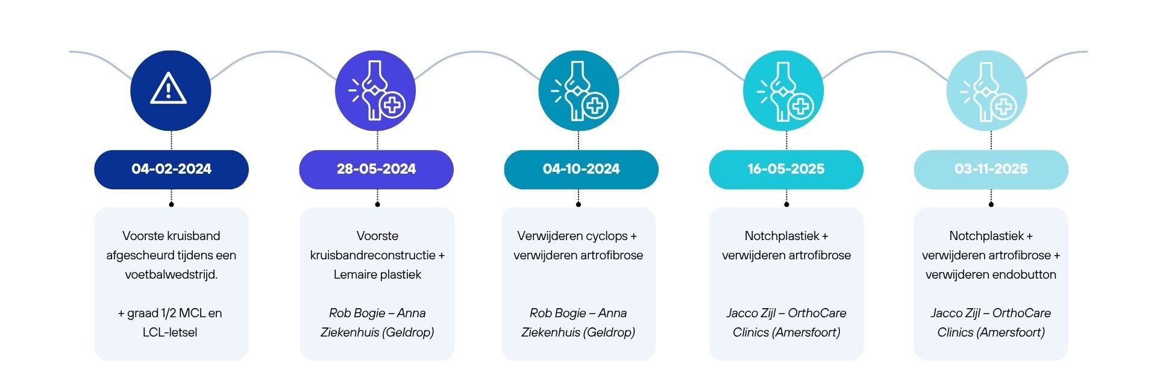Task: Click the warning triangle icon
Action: pyautogui.click(x=168, y=88)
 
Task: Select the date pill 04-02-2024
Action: pyautogui.click(x=171, y=169)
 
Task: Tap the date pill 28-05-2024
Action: pyautogui.click(x=376, y=169)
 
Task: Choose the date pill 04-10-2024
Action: pyautogui.click(x=581, y=169)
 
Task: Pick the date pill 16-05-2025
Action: pyautogui.click(x=786, y=169)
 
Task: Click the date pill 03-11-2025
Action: pyautogui.click(x=991, y=169)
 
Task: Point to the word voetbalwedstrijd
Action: pyautogui.click(x=171, y=274)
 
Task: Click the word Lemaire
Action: pyautogui.click(x=356, y=274)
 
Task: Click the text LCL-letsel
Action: pyautogui.click(x=170, y=332)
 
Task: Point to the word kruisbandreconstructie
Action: pyautogui.click(x=372, y=255)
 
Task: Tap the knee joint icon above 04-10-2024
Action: pyautogui.click(x=578, y=90)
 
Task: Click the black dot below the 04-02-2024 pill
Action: pyautogui.click(x=171, y=204)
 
